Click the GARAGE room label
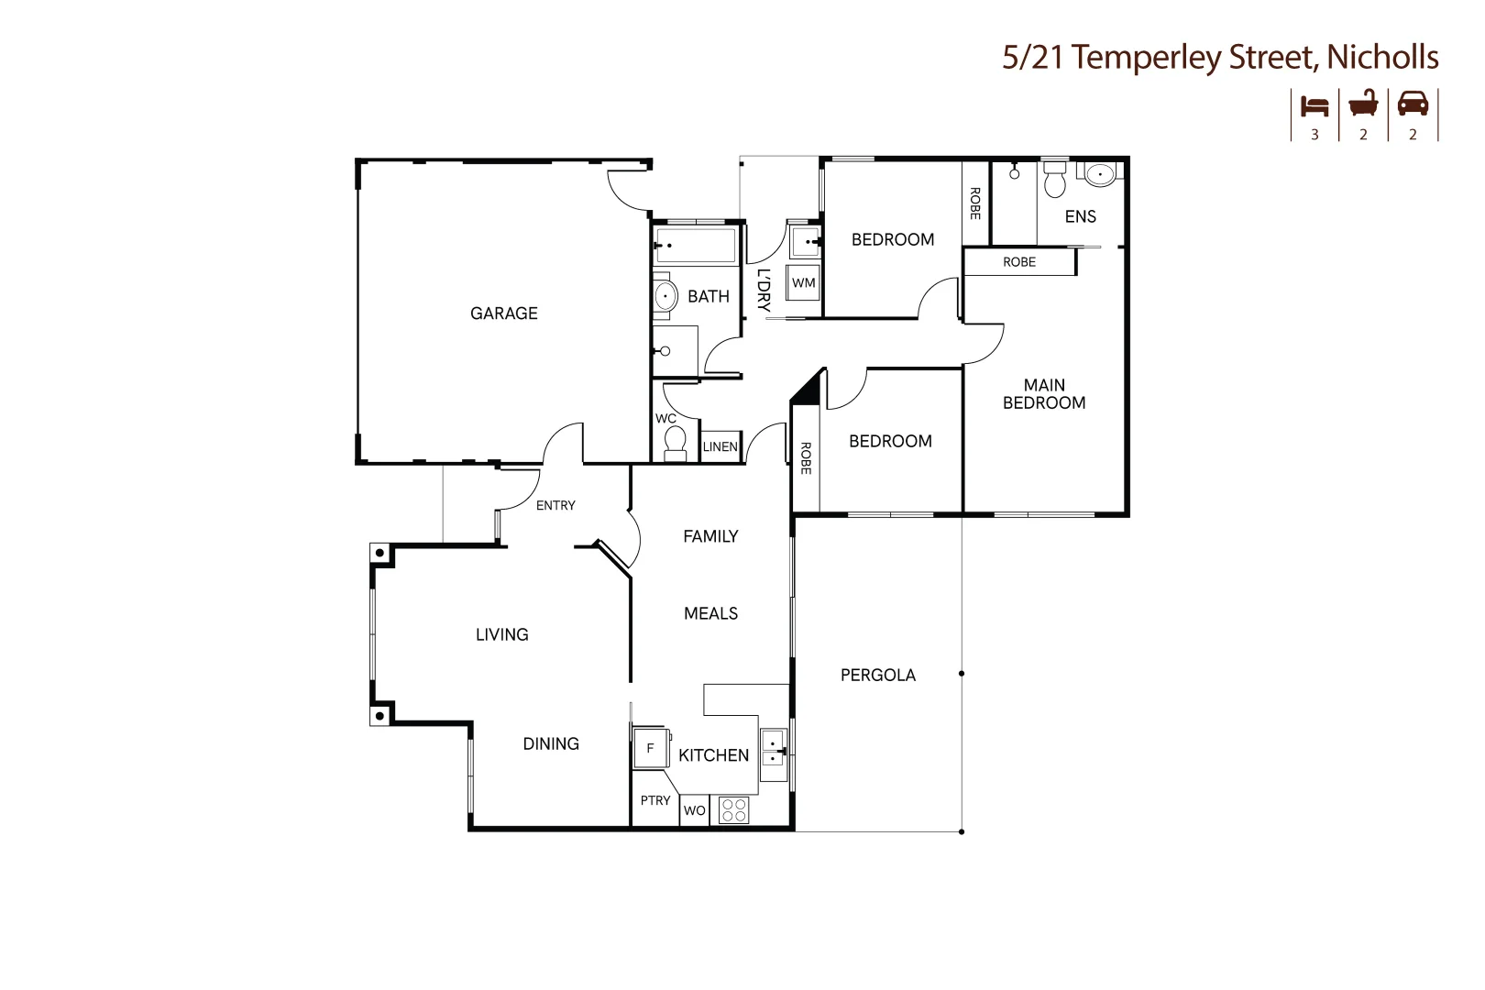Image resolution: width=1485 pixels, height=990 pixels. [504, 313]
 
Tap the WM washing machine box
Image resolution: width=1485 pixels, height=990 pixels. [803, 282]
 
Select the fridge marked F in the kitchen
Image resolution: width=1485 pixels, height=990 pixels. [650, 748]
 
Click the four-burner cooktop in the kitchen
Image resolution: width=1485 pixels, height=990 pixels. [734, 810]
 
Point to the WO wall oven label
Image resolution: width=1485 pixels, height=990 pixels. [694, 810]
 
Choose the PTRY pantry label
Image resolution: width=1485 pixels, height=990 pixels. [655, 800]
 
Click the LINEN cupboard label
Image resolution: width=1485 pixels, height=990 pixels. [720, 447]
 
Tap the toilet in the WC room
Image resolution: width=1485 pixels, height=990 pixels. [675, 443]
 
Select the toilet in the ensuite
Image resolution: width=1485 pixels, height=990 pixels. [1055, 178]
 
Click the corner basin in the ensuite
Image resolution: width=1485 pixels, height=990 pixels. [1100, 174]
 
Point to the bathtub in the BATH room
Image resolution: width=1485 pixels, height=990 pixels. [696, 246]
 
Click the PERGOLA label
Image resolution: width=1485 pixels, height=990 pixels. [878, 675]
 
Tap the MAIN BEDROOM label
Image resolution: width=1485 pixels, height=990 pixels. [1044, 394]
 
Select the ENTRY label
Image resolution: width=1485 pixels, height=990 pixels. [555, 505]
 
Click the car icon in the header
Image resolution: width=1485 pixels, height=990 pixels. [1413, 104]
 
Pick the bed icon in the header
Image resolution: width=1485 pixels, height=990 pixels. [1314, 106]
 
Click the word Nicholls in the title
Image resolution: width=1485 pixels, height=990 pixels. [1383, 57]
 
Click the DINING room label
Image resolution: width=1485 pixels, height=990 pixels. [551, 744]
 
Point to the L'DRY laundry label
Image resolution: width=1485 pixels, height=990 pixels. [764, 291]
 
